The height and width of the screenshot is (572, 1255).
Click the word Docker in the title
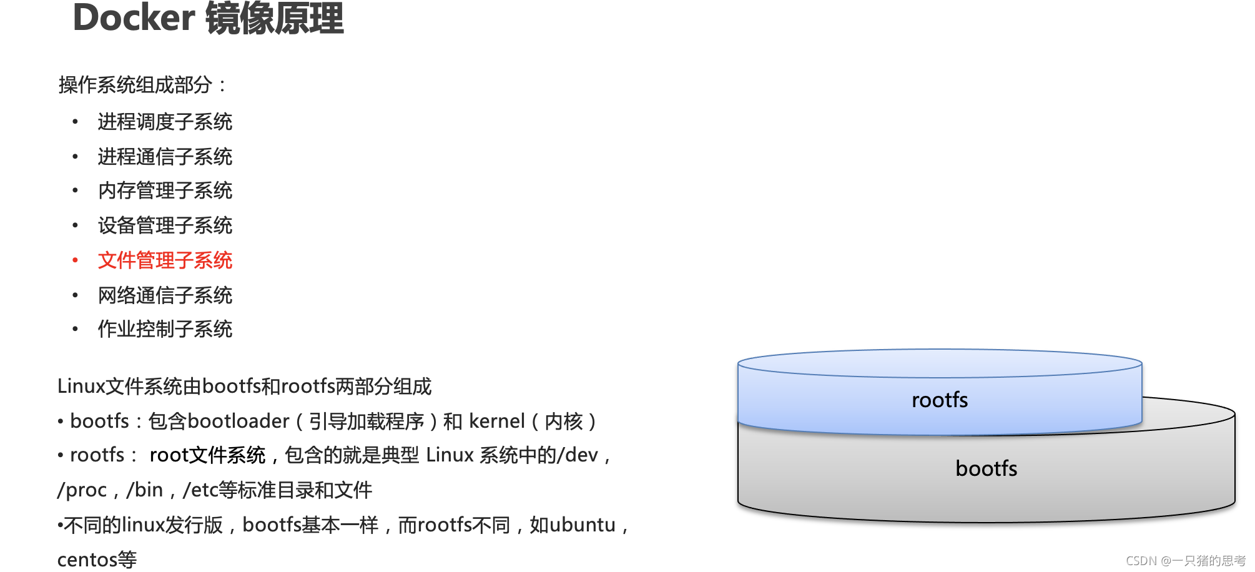(134, 17)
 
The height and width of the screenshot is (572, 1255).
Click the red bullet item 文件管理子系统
(165, 260)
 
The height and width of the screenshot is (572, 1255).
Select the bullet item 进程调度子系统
(165, 122)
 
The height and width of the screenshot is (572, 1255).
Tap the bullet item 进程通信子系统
(165, 157)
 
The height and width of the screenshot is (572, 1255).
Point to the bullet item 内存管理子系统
(165, 190)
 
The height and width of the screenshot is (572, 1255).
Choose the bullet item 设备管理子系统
(165, 225)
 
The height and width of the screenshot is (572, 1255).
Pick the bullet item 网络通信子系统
(165, 295)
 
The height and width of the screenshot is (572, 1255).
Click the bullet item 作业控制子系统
(165, 329)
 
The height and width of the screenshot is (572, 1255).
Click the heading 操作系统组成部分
(135, 85)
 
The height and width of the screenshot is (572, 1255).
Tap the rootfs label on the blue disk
(940, 400)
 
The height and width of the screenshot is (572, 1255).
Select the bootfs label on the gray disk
(987, 468)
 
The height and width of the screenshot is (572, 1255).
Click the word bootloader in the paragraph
(239, 422)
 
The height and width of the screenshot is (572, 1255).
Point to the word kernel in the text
(497, 422)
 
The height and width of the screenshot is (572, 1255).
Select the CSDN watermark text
(1186, 561)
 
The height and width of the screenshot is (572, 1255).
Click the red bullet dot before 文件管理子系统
(75, 260)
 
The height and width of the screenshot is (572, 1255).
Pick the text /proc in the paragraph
(82, 490)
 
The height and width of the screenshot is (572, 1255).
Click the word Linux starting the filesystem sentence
(81, 387)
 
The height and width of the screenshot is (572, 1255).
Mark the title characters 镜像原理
(275, 17)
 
